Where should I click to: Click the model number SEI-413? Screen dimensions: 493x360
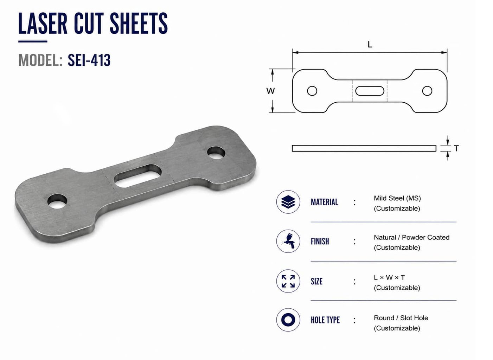tap(89, 60)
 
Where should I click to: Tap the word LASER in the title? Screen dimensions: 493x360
tap(43, 23)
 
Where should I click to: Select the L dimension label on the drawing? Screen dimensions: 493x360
tap(370, 45)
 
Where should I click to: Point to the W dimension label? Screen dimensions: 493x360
tap(270, 91)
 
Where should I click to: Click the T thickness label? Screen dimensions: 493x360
tap(456, 148)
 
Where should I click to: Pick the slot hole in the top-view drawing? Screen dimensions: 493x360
tap(370, 91)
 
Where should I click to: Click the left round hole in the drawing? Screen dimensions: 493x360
tap(312, 91)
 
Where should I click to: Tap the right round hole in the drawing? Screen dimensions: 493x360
tap(427, 91)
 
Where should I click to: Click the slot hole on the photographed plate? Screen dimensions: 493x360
tap(138, 176)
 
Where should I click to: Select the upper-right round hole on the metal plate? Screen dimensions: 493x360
tap(216, 153)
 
